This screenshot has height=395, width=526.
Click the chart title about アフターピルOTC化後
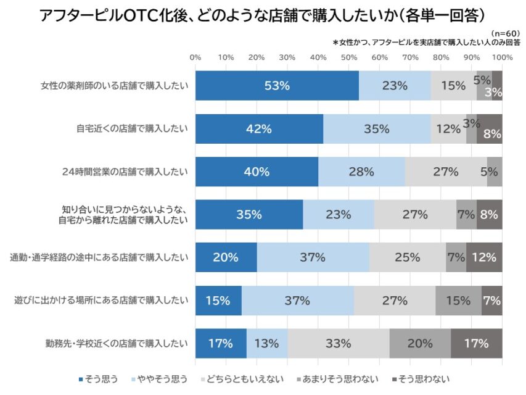click(261, 15)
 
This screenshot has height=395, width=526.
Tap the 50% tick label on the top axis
click(348, 57)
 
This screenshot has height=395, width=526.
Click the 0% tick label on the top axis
click(195, 57)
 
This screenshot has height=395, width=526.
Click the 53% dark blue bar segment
click(277, 86)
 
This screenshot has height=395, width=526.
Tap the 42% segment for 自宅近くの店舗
click(259, 129)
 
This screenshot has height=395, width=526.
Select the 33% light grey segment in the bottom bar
click(338, 343)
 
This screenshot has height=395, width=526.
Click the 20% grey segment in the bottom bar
click(419, 343)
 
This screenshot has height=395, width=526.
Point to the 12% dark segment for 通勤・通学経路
click(484, 257)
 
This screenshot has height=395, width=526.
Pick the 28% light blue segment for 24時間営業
click(361, 172)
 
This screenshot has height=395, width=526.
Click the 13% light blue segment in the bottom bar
click(266, 343)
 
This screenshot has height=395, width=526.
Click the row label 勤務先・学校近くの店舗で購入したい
click(116, 343)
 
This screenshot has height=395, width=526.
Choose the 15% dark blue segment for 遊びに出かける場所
click(218, 301)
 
